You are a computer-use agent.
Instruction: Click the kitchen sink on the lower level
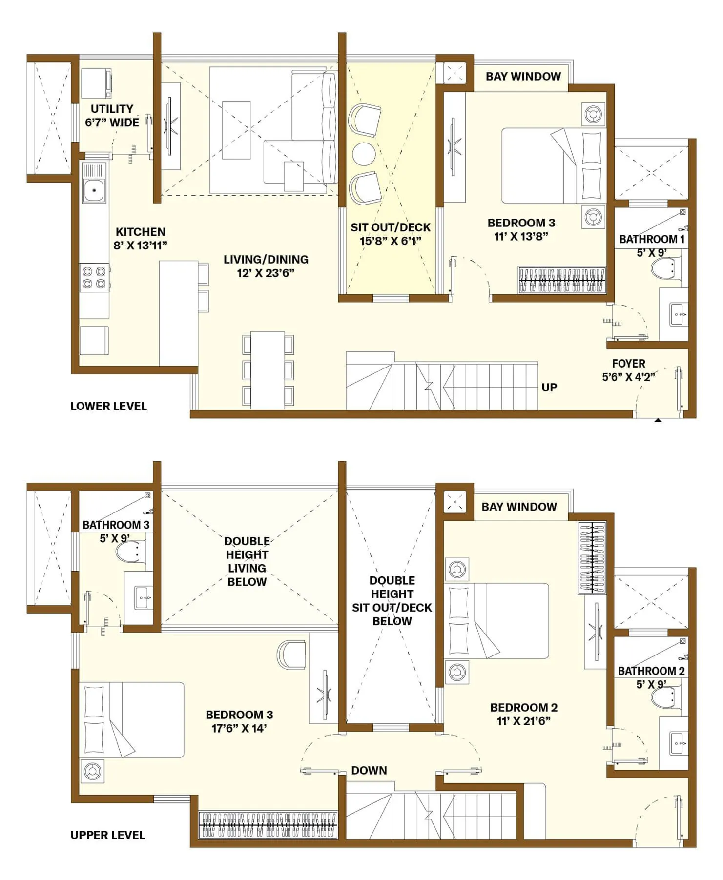[94, 190]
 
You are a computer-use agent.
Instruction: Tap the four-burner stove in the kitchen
[94, 277]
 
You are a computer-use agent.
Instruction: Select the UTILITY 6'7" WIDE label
[112, 116]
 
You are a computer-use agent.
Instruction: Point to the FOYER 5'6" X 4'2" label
[628, 370]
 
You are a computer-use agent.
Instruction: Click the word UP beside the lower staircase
[549, 387]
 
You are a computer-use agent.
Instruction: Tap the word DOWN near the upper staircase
[369, 770]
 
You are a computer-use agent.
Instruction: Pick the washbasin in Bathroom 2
[679, 743]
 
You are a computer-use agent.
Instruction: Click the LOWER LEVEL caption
[108, 406]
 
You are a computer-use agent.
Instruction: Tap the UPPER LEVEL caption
[108, 835]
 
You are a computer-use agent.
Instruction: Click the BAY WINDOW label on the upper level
[519, 507]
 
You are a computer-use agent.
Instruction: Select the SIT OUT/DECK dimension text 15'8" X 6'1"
[391, 241]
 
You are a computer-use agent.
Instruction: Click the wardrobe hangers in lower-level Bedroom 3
[562, 280]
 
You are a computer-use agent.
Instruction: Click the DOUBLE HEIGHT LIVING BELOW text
[247, 561]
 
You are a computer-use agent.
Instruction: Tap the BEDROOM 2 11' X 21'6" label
[524, 714]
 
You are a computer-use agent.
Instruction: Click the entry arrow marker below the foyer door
[658, 420]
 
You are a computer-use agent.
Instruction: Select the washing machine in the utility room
[96, 84]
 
